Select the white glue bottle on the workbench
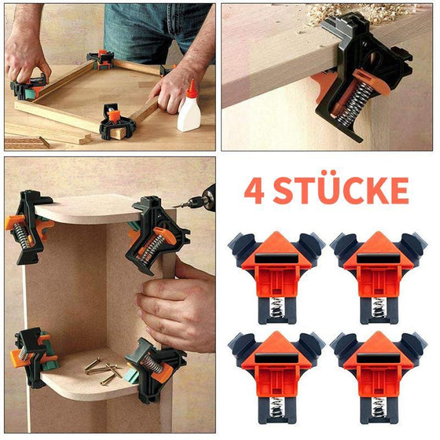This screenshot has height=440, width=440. (x=189, y=112)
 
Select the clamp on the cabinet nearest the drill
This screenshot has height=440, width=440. (x=158, y=232)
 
